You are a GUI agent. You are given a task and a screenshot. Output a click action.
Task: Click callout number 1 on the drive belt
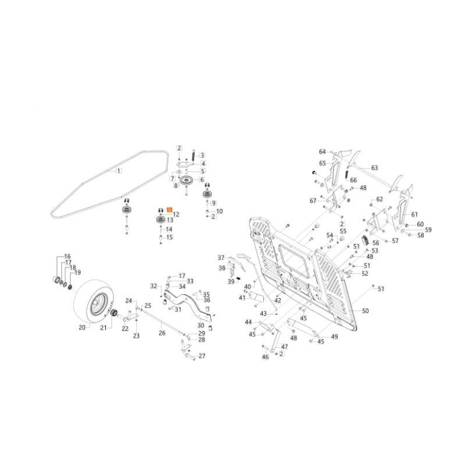[x=119, y=171]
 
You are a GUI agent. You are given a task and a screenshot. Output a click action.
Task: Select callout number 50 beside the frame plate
[x=365, y=311]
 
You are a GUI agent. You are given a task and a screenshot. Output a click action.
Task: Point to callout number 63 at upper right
[x=374, y=167]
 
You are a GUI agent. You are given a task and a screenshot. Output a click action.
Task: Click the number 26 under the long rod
[x=162, y=333]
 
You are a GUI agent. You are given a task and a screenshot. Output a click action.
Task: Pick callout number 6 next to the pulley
[x=202, y=180]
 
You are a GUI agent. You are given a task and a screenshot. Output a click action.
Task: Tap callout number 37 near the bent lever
[x=221, y=257]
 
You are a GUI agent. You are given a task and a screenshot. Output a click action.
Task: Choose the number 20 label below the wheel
[x=82, y=328]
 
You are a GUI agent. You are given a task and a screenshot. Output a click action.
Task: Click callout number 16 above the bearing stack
[x=67, y=256]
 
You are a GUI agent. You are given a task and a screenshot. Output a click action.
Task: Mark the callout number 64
[x=322, y=152]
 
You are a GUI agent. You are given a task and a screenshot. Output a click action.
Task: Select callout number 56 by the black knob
[x=375, y=244]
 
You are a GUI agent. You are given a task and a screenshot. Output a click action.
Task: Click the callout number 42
[x=278, y=301]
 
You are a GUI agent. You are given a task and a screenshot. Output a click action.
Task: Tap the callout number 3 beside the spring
[x=202, y=155]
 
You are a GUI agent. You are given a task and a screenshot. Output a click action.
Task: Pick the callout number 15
[x=170, y=237]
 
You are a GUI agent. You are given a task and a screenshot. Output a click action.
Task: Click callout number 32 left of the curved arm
[x=154, y=285]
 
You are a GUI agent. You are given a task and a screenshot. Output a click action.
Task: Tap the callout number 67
[x=313, y=201]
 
